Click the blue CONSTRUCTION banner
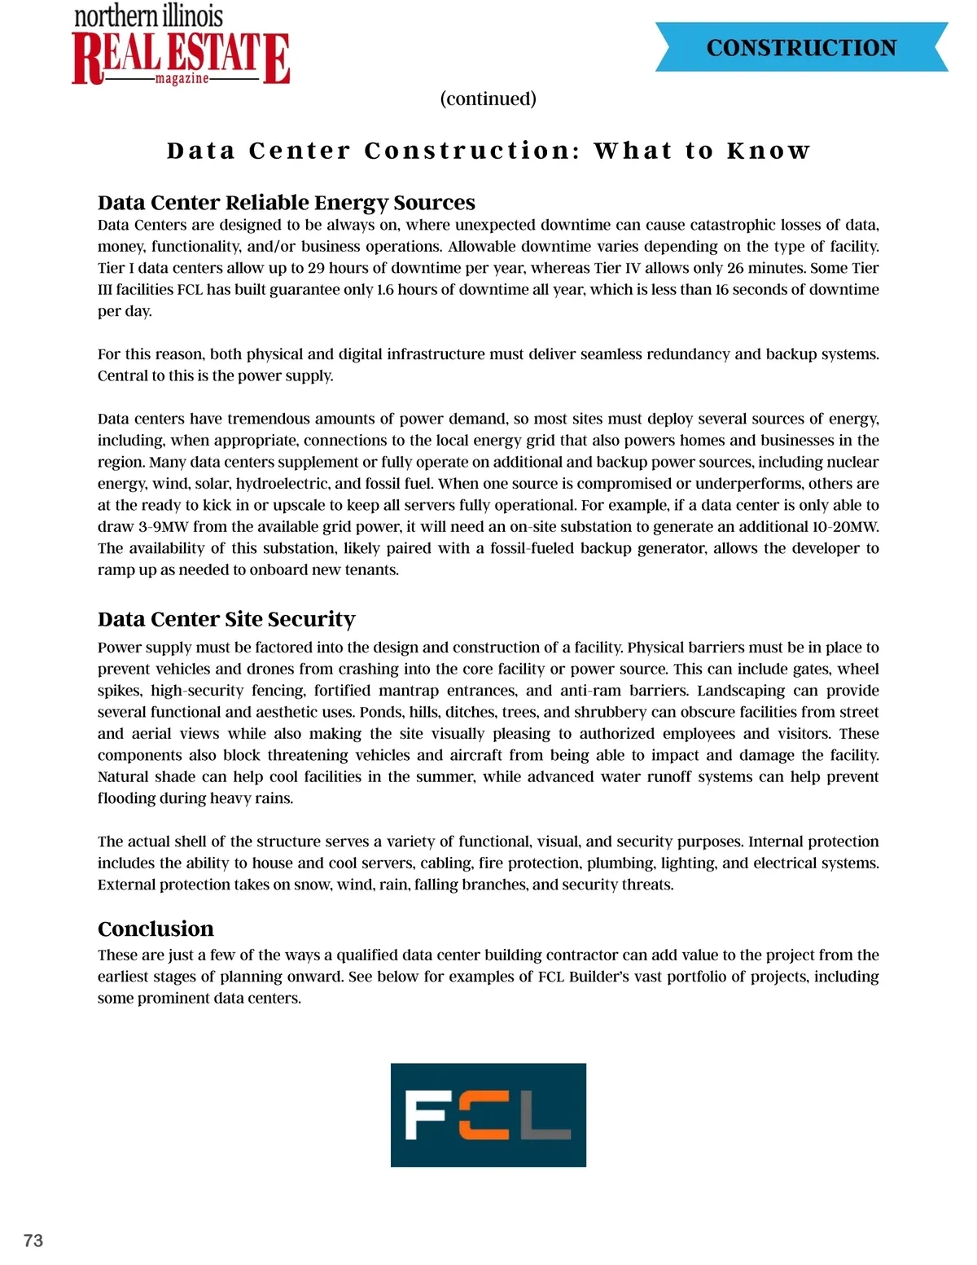click(801, 47)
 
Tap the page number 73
click(33, 1240)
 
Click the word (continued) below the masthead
click(488, 99)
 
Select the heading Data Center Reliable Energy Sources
click(286, 202)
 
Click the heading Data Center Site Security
click(226, 619)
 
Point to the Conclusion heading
click(156, 929)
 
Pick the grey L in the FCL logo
click(544, 1115)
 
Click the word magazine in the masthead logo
click(182, 79)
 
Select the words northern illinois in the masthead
click(148, 15)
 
